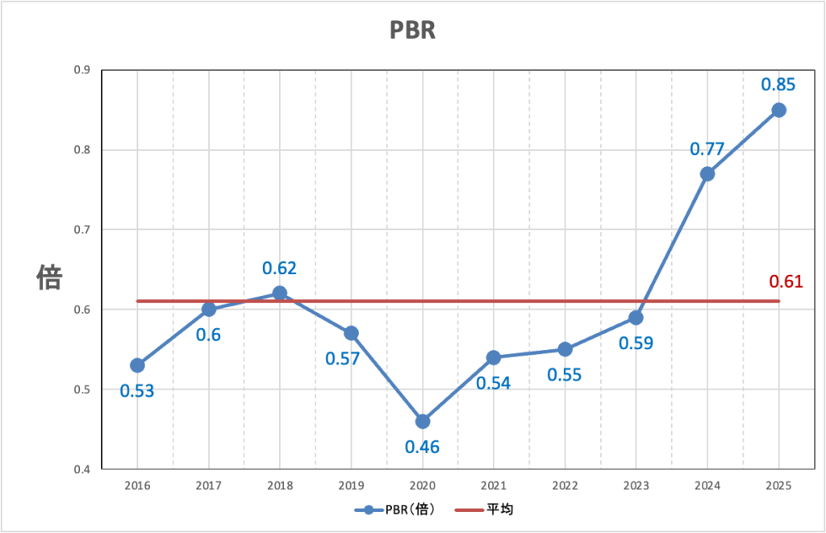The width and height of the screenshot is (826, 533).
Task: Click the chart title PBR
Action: (412, 30)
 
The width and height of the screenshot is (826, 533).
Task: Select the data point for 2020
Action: (422, 421)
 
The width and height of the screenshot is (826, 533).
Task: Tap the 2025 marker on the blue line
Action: (778, 110)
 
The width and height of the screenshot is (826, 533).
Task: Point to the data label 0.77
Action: (707, 148)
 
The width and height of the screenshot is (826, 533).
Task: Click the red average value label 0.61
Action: (786, 281)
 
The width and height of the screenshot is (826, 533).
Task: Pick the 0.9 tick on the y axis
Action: (81, 70)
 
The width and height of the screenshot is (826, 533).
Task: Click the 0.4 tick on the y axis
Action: (81, 469)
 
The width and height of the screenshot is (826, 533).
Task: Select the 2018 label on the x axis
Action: (279, 485)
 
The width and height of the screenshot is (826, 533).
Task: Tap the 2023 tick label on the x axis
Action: (636, 485)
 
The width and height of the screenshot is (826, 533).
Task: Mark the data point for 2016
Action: (137, 365)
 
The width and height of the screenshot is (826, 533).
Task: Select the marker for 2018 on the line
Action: (279, 294)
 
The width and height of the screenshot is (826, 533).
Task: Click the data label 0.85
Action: (778, 84)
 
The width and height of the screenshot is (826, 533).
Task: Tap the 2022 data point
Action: (565, 349)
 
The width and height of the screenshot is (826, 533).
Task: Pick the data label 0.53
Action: (137, 391)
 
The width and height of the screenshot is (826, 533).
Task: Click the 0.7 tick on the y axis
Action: (81, 230)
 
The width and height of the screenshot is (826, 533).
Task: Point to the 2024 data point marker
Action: (707, 174)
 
